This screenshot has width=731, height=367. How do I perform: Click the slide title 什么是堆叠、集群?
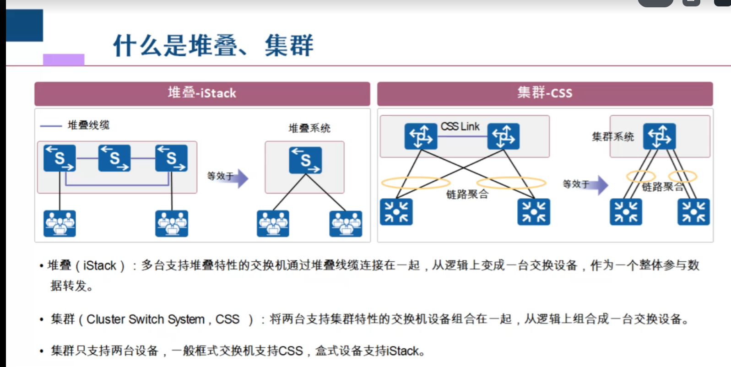213,46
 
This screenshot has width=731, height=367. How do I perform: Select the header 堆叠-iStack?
202,93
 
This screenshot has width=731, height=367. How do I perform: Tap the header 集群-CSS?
545,93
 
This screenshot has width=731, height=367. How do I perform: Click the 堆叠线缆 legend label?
88,125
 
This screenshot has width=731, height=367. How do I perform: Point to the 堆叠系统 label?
309,128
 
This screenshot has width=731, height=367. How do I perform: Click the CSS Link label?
460,127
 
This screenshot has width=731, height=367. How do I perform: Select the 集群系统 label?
612,137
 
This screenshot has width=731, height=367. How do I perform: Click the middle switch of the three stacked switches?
114,158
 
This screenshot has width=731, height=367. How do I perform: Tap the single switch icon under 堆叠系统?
305,160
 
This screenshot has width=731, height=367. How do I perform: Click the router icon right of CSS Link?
503,136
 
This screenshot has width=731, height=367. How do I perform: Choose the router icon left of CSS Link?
421,136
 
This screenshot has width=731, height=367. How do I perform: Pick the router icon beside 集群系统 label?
659,136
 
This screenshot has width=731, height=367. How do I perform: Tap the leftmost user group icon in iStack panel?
60,223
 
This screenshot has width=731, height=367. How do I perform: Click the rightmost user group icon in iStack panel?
346,223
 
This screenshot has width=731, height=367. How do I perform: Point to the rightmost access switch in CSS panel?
693,212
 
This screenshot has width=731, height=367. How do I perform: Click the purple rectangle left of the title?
64,59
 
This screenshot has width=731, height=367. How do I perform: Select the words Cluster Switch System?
146,319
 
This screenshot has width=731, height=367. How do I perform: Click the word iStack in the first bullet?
99,265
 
